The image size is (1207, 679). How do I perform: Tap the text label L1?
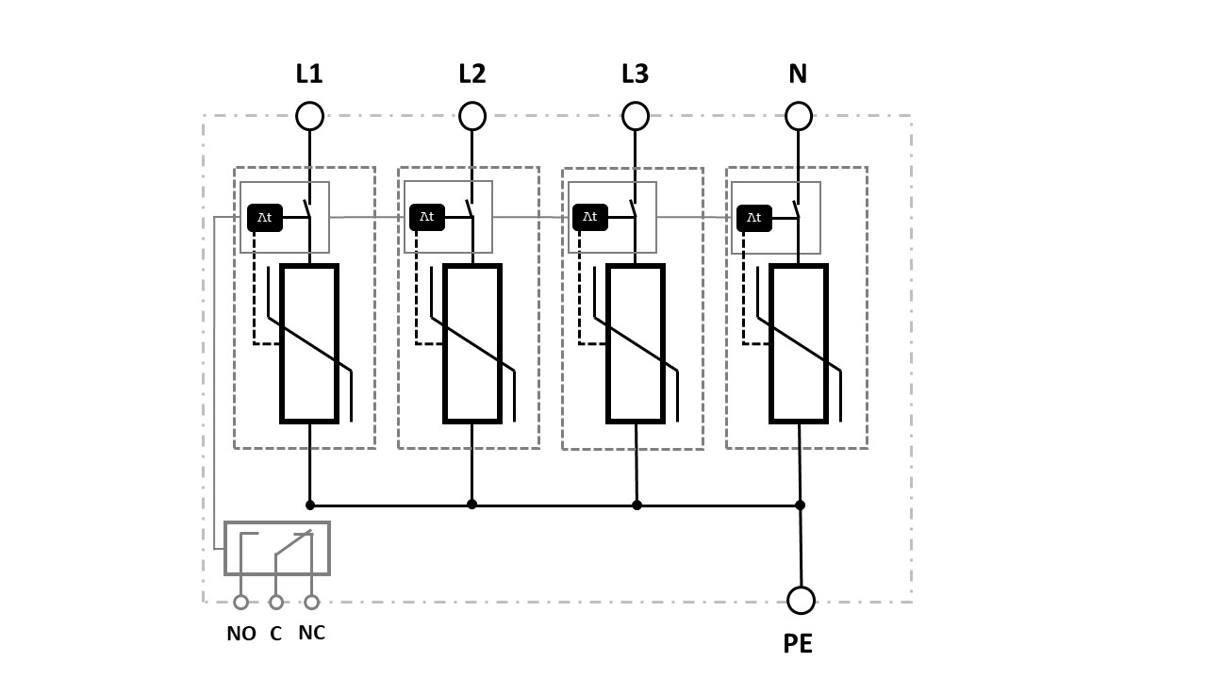tap(309, 74)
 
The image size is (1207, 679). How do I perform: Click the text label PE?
tap(798, 643)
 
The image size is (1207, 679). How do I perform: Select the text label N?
tap(798, 74)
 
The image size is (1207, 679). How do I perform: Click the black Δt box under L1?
tap(265, 218)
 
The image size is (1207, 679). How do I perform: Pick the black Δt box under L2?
tap(427, 217)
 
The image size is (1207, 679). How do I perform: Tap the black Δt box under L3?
tap(590, 217)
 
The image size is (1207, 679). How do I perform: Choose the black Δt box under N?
tap(754, 218)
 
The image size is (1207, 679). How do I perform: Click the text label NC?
tap(311, 633)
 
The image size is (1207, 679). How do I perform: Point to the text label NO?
tap(241, 634)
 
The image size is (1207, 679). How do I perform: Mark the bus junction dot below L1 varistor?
tap(310, 505)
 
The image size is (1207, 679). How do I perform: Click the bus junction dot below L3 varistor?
tap(637, 505)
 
